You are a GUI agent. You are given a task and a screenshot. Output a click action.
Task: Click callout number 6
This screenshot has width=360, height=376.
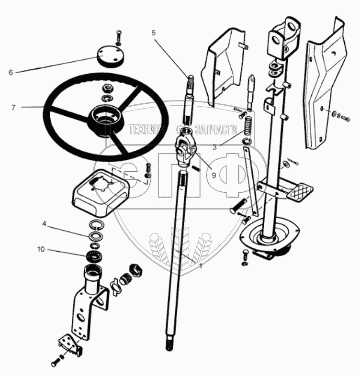[x=11, y=73]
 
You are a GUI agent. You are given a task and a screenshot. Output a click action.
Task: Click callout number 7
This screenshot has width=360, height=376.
[x=13, y=107]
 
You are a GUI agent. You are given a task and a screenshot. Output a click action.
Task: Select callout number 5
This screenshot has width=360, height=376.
[x=153, y=33]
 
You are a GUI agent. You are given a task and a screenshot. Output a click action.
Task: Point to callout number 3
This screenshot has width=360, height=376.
[x=215, y=148]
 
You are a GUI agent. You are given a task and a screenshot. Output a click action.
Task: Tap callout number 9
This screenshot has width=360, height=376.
[x=213, y=176]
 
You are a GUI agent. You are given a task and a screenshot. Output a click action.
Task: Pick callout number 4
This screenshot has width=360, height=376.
[x=44, y=223]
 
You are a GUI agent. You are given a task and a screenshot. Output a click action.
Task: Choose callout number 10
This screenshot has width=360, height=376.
[x=42, y=249]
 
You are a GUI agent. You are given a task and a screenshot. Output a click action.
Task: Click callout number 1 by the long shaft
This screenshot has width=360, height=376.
[x=201, y=266]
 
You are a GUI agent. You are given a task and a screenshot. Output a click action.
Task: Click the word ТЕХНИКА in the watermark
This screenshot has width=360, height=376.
[x=146, y=128]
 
